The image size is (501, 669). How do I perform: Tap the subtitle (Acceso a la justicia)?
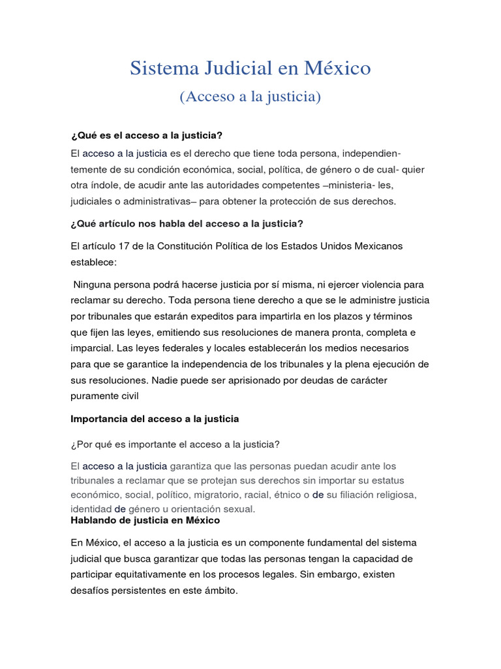click(x=250, y=97)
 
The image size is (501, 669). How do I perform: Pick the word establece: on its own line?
click(x=94, y=261)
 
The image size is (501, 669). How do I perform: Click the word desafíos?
click(x=90, y=591)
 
